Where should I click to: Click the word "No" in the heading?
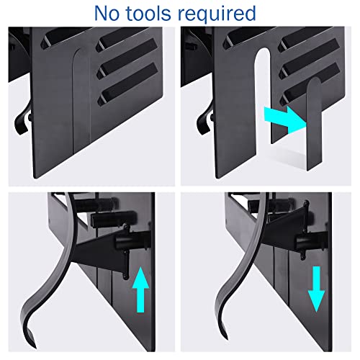click(x=107, y=14)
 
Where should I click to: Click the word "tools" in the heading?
click(x=148, y=14)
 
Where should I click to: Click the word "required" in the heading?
click(x=217, y=15)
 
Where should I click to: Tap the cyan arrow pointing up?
click(x=140, y=290)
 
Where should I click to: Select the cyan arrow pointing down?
click(x=317, y=289)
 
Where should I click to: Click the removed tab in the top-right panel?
click(x=314, y=124)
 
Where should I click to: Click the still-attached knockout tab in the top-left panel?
click(x=81, y=101)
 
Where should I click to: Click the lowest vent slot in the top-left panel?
click(x=127, y=83)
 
